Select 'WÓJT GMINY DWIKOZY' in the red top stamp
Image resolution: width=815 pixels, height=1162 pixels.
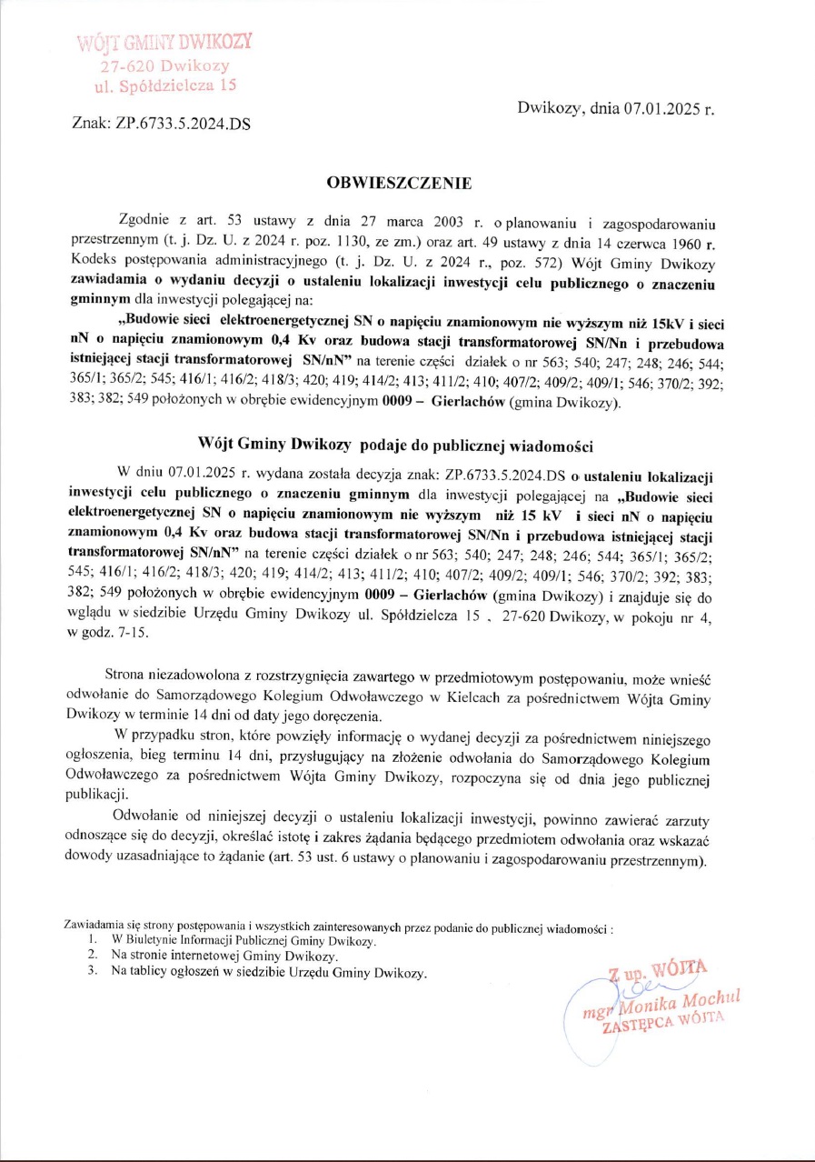[164, 43]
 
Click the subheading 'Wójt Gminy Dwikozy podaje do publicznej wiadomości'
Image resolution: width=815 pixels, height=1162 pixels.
[395, 445]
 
